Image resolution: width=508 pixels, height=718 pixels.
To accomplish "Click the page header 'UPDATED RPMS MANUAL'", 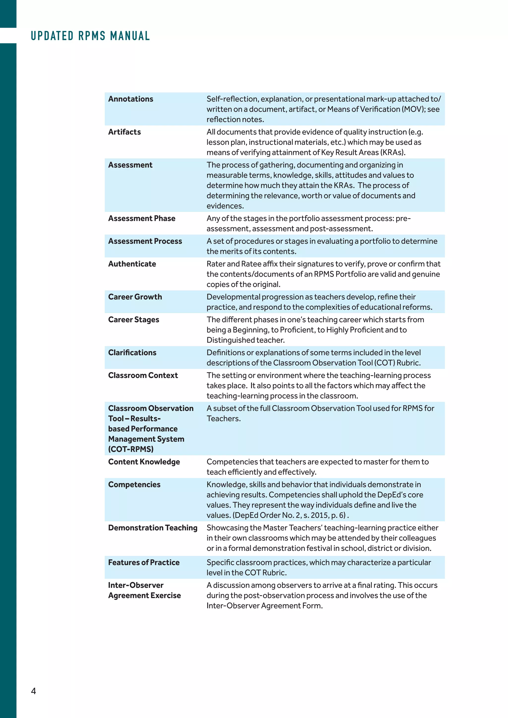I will point(90,36).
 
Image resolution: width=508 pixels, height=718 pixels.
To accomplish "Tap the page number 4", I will point(33,691).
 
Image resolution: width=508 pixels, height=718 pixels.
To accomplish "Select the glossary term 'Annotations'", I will point(130,99).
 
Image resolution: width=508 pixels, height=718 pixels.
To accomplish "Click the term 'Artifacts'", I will point(124,132).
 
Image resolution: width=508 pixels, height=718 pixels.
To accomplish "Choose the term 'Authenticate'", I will point(132,264).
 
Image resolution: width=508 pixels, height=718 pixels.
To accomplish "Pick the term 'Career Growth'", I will point(135,297).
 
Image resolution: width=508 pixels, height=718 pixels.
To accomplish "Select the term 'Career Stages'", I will point(133,320).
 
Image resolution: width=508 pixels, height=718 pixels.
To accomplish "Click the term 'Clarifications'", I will point(132,353).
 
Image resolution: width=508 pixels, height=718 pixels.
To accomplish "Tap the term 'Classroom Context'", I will point(143,375).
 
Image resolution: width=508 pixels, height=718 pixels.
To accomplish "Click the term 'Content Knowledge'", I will point(144,462).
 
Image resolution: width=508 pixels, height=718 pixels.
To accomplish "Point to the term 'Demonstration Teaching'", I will point(153,528).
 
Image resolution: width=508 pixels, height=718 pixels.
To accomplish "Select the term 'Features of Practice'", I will point(144,563).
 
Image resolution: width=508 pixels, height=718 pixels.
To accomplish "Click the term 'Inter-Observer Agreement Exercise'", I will point(144,590).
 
